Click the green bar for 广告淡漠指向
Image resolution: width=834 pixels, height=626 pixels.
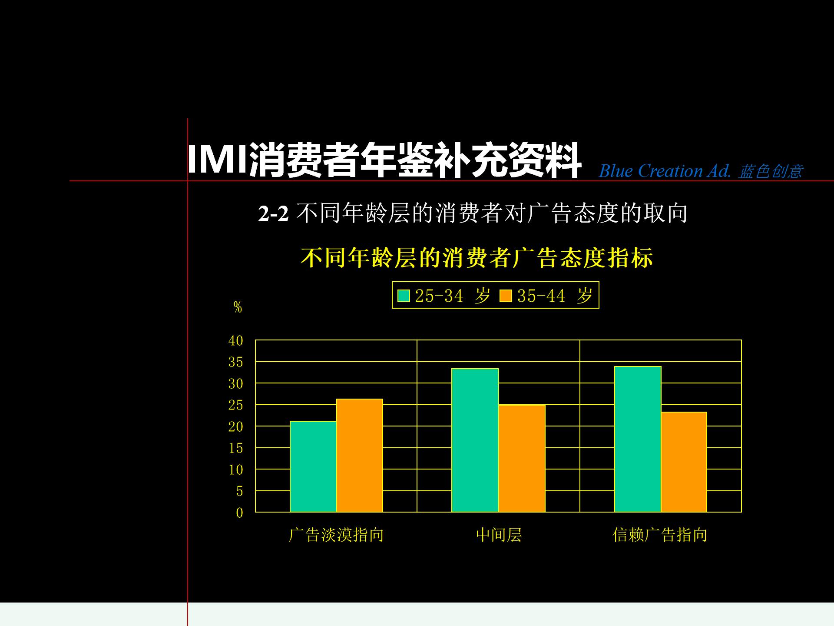click(x=313, y=466)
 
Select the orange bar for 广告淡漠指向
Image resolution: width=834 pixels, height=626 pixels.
click(x=360, y=455)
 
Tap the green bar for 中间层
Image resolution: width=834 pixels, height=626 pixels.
click(x=475, y=440)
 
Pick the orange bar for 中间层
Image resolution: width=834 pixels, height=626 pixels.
click(x=522, y=458)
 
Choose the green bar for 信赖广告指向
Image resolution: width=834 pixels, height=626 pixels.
click(x=638, y=439)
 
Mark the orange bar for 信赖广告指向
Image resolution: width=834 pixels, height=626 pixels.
click(x=684, y=462)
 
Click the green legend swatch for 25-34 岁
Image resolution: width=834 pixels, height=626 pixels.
click(x=404, y=296)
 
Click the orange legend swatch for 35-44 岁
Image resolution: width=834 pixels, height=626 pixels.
click(x=506, y=296)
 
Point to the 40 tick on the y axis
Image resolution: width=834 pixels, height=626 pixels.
click(x=236, y=340)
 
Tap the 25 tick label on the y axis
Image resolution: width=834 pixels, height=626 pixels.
click(x=236, y=405)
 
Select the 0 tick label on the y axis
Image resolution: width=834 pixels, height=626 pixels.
click(x=239, y=513)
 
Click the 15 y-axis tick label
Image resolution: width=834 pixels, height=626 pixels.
click(x=236, y=448)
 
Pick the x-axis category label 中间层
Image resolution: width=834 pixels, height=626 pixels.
click(x=499, y=535)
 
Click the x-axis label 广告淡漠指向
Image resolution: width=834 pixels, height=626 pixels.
click(x=336, y=535)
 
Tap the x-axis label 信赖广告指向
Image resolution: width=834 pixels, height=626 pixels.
click(x=660, y=535)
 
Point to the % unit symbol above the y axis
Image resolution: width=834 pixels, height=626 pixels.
click(x=238, y=307)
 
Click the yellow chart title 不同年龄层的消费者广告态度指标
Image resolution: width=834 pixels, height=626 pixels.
click(x=477, y=258)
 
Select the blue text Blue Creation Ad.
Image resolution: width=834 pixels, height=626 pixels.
click(x=665, y=171)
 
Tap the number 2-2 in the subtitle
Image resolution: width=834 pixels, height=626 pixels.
click(x=273, y=214)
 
